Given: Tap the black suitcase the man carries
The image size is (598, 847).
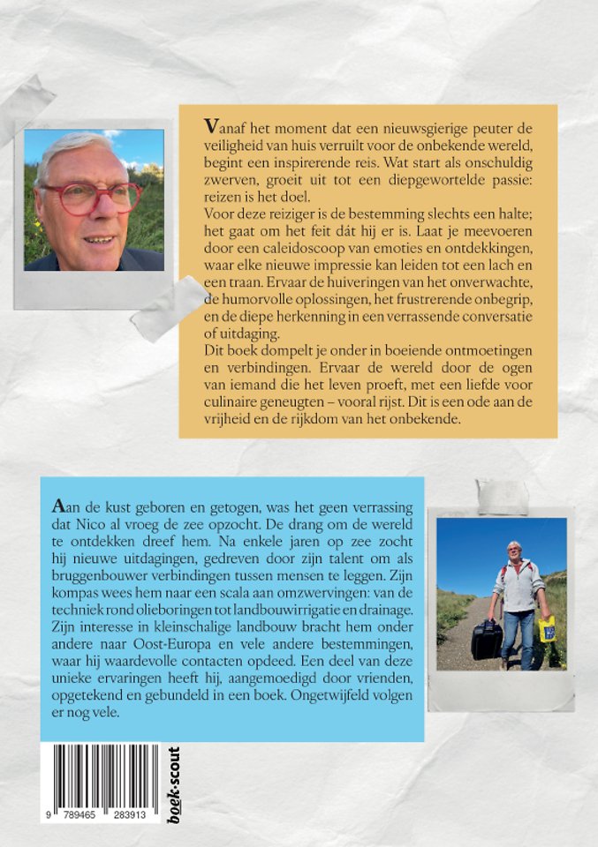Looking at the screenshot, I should point(486,637).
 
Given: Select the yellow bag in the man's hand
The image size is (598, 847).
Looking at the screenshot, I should point(547,629).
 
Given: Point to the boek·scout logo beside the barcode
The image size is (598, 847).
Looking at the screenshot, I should point(173,784).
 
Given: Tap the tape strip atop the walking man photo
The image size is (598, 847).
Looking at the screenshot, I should point(502,496).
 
